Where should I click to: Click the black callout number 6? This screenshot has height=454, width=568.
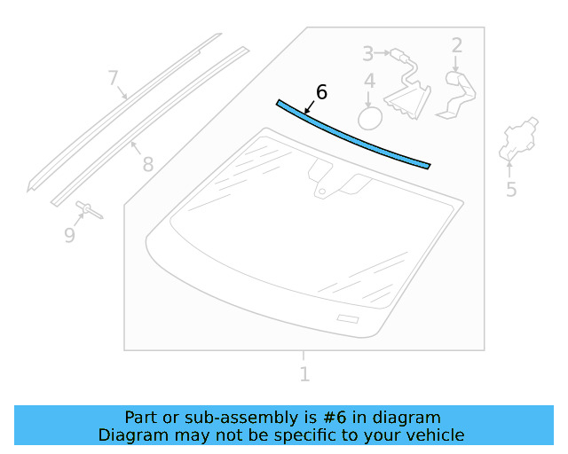(x=321, y=92)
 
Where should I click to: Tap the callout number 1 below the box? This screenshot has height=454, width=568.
(x=304, y=374)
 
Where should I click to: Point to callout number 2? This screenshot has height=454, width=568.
(x=457, y=45)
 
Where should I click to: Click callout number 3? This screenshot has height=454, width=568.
(x=367, y=53)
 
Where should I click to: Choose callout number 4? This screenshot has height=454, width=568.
(x=369, y=81)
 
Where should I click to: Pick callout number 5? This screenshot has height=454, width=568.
(x=511, y=189)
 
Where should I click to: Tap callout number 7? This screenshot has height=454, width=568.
(x=113, y=78)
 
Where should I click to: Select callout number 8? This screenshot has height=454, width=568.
(x=148, y=164)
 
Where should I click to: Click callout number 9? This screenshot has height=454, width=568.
(x=69, y=235)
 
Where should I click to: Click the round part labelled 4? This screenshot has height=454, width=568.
(x=370, y=118)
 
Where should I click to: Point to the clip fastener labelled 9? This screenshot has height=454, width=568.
(x=89, y=210)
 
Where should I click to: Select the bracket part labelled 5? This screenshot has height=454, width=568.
(x=518, y=138)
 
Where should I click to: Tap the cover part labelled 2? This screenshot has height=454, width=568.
(x=457, y=95)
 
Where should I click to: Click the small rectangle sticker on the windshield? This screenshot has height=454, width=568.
(x=348, y=319)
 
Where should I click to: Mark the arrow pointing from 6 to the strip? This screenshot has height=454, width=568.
(x=310, y=107)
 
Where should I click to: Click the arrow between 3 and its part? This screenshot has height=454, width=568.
(x=382, y=53)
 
